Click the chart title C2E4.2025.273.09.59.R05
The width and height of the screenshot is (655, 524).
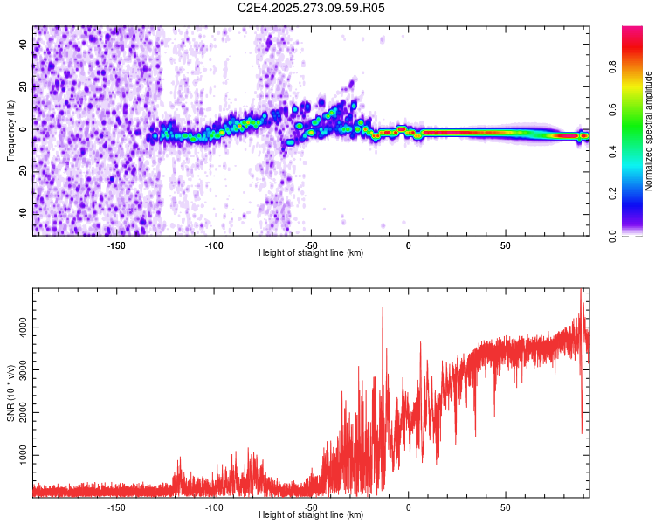coord(312,8)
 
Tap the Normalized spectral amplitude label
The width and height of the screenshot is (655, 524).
coord(648,131)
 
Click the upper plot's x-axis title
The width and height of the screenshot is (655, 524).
coord(311,253)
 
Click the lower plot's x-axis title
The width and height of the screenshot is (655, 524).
coord(311,514)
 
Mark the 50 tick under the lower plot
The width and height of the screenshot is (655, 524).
coord(505,506)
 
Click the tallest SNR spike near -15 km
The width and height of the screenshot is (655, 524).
coord(383,308)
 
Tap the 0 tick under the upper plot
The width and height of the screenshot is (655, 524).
coord(408,245)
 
